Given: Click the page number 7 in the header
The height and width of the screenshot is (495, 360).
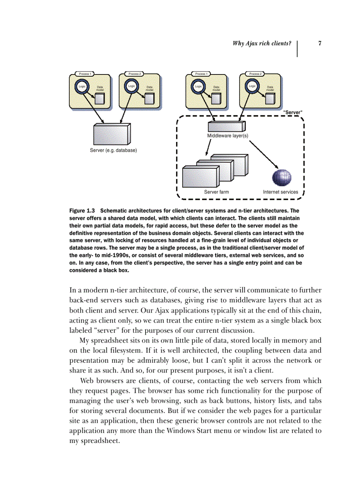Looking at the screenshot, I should click(x=319, y=43).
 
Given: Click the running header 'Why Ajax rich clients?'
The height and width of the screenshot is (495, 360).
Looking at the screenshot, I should click(x=262, y=43).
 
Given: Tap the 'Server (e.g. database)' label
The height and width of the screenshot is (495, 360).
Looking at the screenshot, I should click(x=113, y=150).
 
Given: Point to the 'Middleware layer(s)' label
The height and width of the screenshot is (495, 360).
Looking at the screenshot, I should click(x=228, y=136).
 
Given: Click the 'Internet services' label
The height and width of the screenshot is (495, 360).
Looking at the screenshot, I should click(x=280, y=192).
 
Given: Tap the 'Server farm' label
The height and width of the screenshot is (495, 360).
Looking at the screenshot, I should click(x=216, y=192).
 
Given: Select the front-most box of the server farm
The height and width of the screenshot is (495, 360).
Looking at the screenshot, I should click(x=199, y=177).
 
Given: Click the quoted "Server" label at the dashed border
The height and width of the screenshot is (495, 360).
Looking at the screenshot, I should click(x=292, y=112).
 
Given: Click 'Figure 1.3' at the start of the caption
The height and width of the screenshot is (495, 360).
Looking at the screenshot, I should click(x=82, y=211).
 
